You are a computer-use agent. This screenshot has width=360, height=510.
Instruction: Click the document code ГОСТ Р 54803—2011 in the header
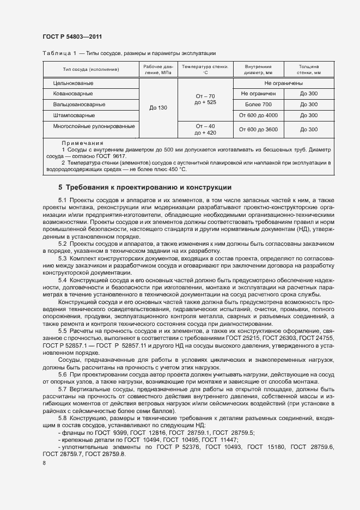(x=72, y=37)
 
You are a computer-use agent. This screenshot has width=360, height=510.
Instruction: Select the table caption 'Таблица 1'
(x=57, y=53)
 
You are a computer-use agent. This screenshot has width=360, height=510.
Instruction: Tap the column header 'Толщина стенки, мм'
(x=309, y=69)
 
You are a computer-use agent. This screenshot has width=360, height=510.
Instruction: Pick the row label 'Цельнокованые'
(x=73, y=83)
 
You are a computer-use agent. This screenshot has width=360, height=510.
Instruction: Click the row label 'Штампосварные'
(x=74, y=115)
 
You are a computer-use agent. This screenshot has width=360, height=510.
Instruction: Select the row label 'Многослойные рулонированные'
(x=94, y=126)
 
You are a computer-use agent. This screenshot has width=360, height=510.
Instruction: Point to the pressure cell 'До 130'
(x=158, y=107)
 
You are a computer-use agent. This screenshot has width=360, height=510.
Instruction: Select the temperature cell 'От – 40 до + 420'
(x=205, y=129)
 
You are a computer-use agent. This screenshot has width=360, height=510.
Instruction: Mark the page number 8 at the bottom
(x=44, y=463)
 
